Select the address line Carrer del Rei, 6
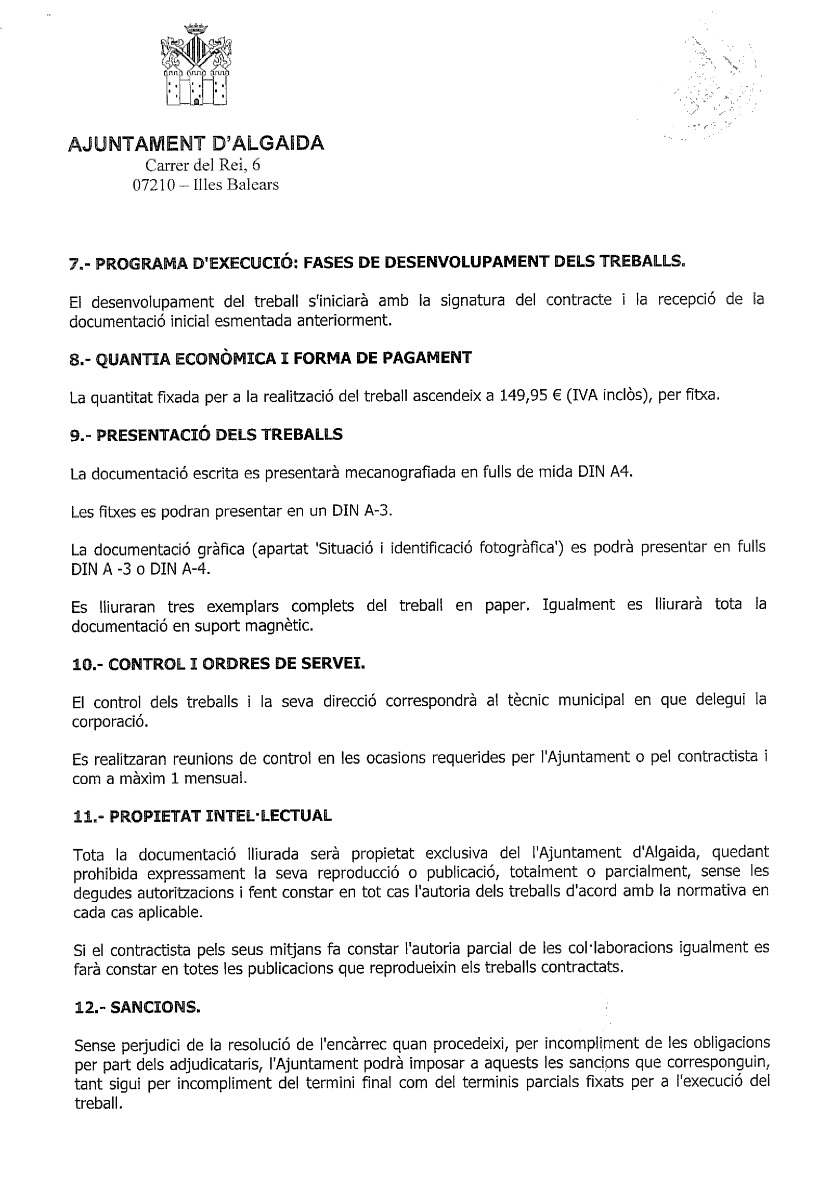[203, 165]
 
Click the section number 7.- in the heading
[80, 264]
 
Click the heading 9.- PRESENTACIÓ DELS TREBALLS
[206, 434]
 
